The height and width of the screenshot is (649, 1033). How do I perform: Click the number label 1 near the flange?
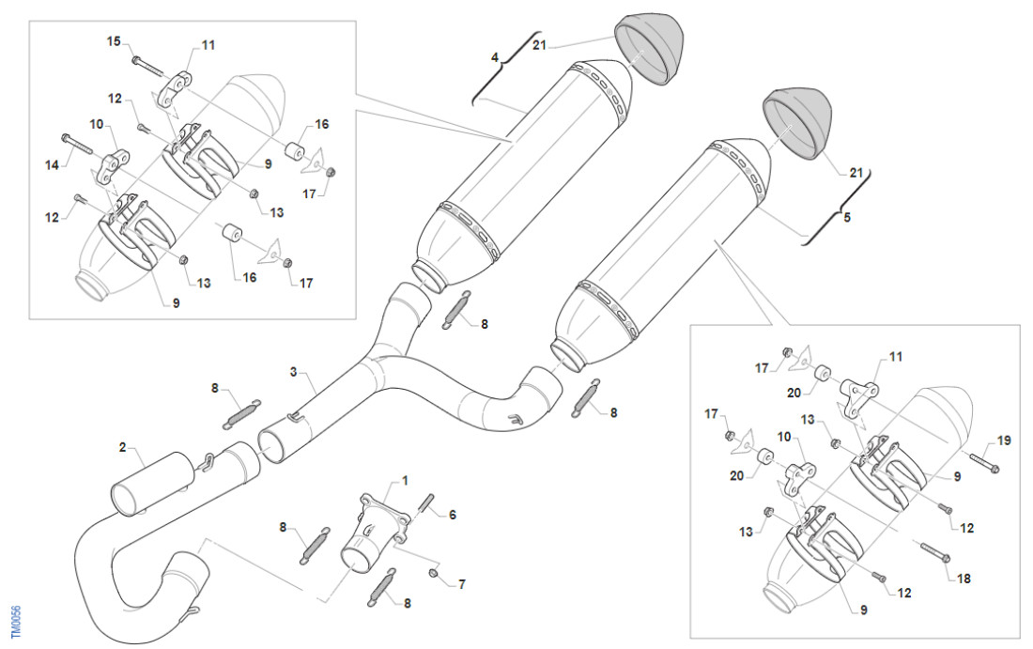tap(405, 480)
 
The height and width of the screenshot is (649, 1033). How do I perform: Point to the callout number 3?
tap(294, 372)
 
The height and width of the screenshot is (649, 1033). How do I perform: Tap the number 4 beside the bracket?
tap(494, 57)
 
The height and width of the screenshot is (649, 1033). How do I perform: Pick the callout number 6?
tap(452, 515)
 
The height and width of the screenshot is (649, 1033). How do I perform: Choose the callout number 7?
tap(461, 584)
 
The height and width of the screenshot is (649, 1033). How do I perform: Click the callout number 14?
tap(52, 164)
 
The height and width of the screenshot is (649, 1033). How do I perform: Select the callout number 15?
tap(113, 41)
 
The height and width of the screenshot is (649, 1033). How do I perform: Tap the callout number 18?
tap(964, 579)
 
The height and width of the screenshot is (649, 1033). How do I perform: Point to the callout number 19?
tap(1004, 440)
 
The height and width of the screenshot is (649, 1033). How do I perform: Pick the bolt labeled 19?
tap(981, 463)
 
